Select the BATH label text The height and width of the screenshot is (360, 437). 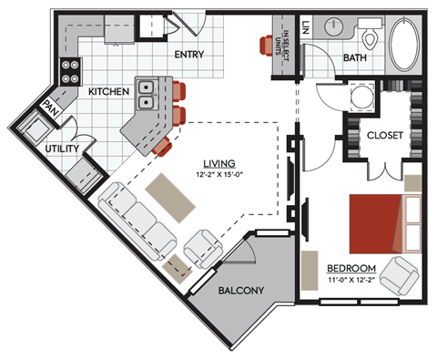(355, 59)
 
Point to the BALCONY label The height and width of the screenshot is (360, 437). (241, 291)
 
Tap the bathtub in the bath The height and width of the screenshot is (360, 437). (404, 41)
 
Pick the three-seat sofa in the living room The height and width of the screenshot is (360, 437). (139, 220)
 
